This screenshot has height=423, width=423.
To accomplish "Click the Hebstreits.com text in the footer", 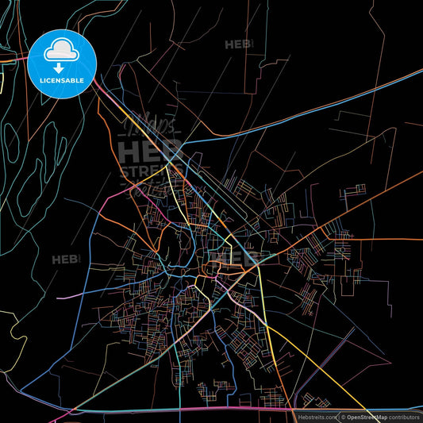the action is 317,416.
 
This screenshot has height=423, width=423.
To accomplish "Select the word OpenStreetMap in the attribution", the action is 366,416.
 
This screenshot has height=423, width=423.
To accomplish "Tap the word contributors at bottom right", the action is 403,416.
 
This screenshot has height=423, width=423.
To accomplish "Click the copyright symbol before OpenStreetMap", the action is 343,416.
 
